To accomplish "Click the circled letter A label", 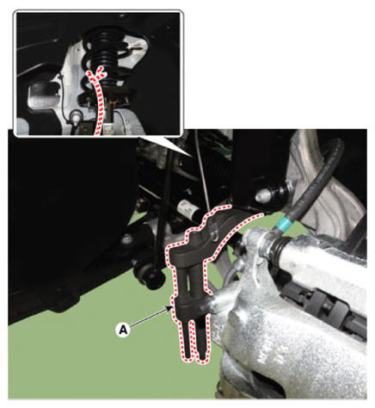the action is [123, 330].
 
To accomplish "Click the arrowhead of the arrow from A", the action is [169, 308].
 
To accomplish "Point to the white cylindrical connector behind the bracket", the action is [187, 209].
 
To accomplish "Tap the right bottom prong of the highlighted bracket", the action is [202, 338].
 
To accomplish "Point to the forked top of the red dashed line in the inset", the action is [97, 73].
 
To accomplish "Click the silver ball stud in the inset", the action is [76, 117].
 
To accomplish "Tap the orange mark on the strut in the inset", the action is [114, 102].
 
